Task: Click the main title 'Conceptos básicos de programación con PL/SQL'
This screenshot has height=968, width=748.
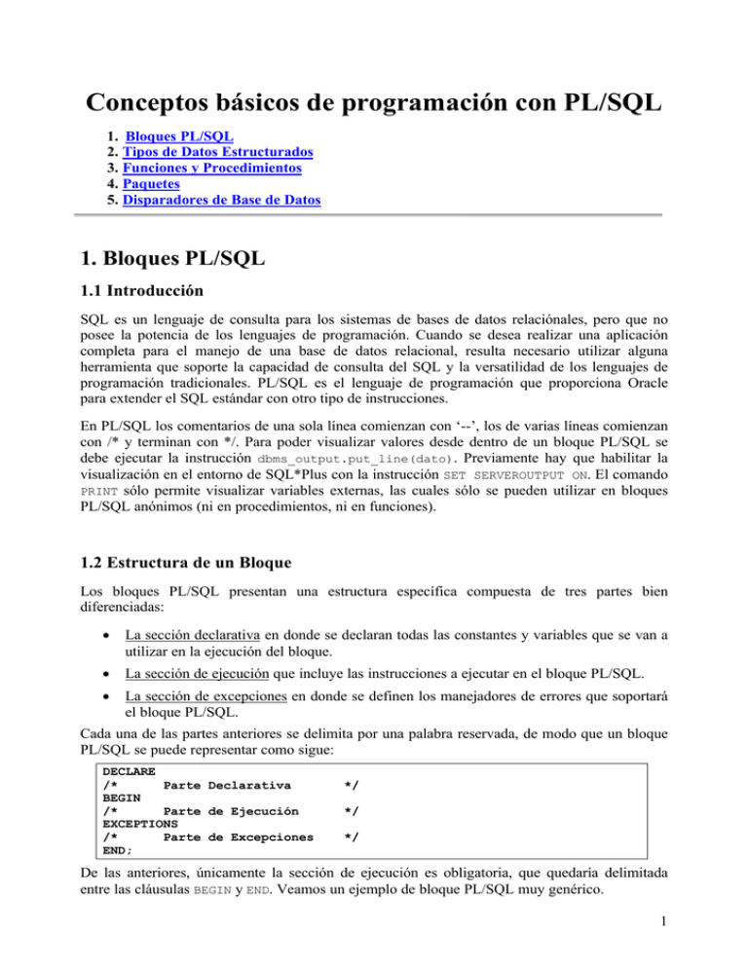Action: [x=373, y=101]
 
